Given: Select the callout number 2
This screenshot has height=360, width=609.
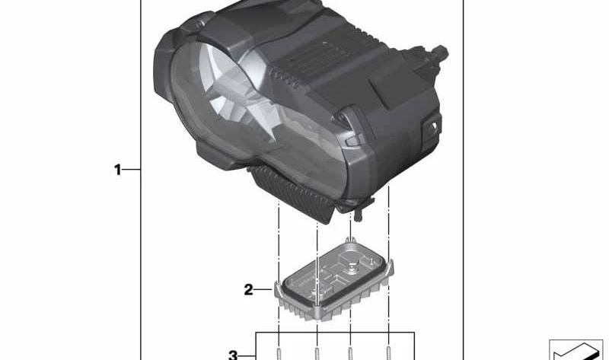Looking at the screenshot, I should (248, 289).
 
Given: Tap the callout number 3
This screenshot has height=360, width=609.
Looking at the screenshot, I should (234, 354).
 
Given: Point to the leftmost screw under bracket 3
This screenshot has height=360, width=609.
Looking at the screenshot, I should (279, 352).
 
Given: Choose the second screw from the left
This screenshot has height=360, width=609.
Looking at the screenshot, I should (316, 352).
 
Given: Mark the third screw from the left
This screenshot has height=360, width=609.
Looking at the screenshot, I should (350, 352).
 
